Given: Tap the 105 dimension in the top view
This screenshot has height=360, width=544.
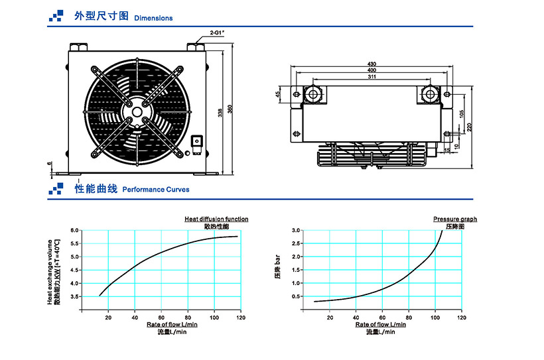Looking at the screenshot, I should click(x=461, y=114).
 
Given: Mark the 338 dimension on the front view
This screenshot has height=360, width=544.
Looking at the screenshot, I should click(x=221, y=113).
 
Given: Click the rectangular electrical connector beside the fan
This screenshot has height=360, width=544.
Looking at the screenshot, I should click(x=197, y=141).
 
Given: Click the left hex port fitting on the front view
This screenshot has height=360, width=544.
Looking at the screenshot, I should click(x=78, y=48).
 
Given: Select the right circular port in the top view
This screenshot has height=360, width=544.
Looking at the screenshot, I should click(x=430, y=95).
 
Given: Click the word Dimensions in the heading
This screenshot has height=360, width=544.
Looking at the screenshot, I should click(x=153, y=19).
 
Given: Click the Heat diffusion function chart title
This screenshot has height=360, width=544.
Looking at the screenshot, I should click(x=216, y=219).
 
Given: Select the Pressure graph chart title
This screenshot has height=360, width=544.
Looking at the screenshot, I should click(x=454, y=219).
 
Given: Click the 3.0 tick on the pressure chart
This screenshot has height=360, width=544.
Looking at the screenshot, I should click(x=296, y=230).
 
